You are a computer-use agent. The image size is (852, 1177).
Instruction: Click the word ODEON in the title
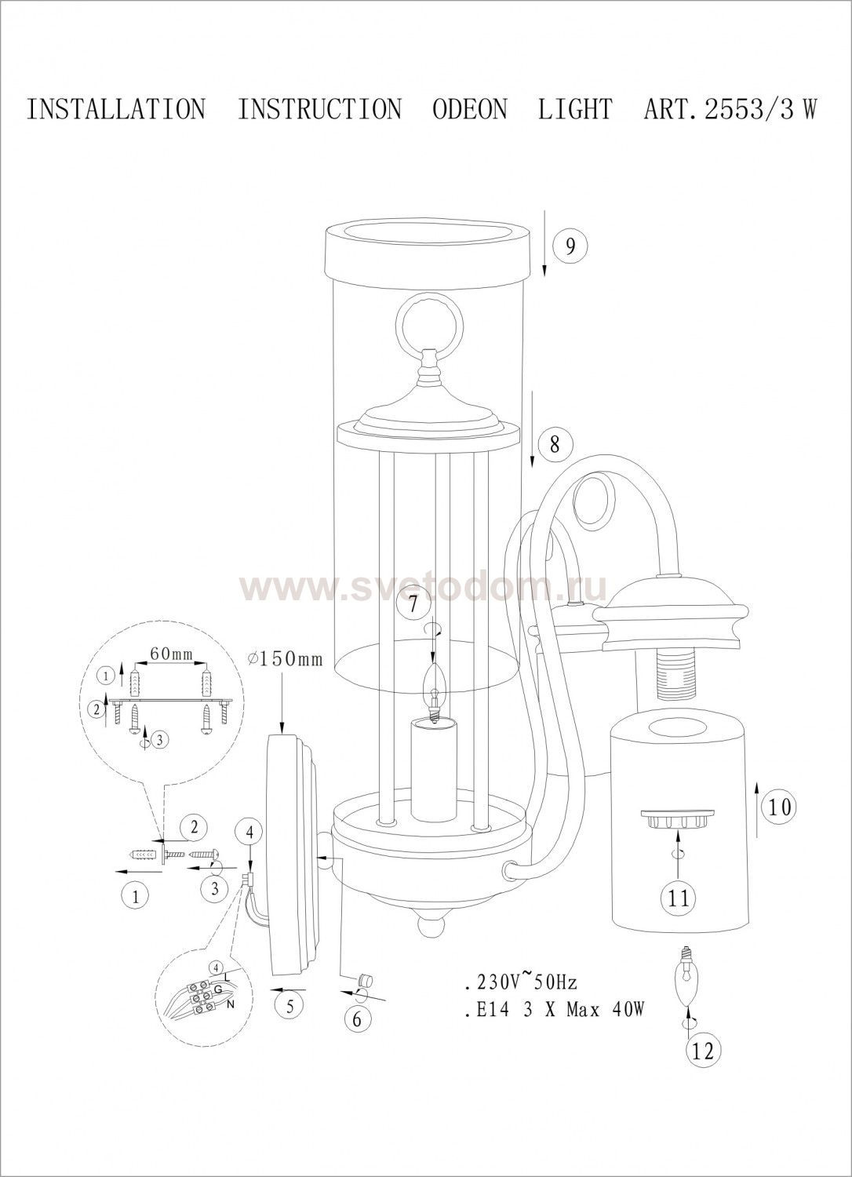[470, 109]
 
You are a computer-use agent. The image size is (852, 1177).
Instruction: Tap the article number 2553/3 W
[760, 109]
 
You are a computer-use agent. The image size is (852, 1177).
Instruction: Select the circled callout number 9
[570, 246]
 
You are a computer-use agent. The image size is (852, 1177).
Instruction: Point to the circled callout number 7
[413, 603]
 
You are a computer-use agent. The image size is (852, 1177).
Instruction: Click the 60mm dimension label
[172, 654]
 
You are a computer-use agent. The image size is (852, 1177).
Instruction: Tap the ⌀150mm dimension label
[286, 659]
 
